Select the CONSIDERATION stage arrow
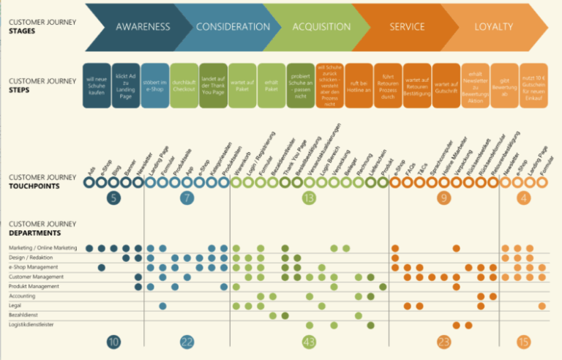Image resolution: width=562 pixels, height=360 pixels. pyautogui.click(x=233, y=27)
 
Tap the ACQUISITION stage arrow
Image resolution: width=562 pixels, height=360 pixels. pyautogui.click(x=321, y=27)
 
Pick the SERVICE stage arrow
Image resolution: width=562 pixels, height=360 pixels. pyautogui.click(x=407, y=27)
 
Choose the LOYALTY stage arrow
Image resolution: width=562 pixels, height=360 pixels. pyautogui.click(x=493, y=27)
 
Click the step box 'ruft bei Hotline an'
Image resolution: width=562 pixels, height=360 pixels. pyautogui.click(x=359, y=86)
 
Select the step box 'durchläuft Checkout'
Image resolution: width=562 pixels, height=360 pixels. pyautogui.click(x=184, y=86)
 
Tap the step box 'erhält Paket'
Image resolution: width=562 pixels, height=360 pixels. pyautogui.click(x=271, y=86)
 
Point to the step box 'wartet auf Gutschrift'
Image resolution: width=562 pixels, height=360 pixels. pyautogui.click(x=446, y=86)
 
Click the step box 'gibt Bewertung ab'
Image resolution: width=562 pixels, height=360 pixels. pyautogui.click(x=504, y=86)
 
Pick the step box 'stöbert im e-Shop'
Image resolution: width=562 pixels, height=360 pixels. pyautogui.click(x=154, y=86)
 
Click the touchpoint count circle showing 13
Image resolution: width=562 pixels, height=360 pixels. pyautogui.click(x=309, y=198)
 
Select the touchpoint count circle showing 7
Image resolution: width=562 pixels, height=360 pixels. pyautogui.click(x=187, y=198)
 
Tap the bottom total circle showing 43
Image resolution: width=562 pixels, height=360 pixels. pyautogui.click(x=309, y=342)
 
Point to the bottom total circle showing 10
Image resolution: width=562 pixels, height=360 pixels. pyautogui.click(x=113, y=342)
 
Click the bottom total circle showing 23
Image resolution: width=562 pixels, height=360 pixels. pyautogui.click(x=443, y=342)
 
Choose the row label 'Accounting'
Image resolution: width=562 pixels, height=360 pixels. pyautogui.click(x=23, y=296)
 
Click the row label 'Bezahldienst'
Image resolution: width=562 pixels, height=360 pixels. pyautogui.click(x=25, y=315)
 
